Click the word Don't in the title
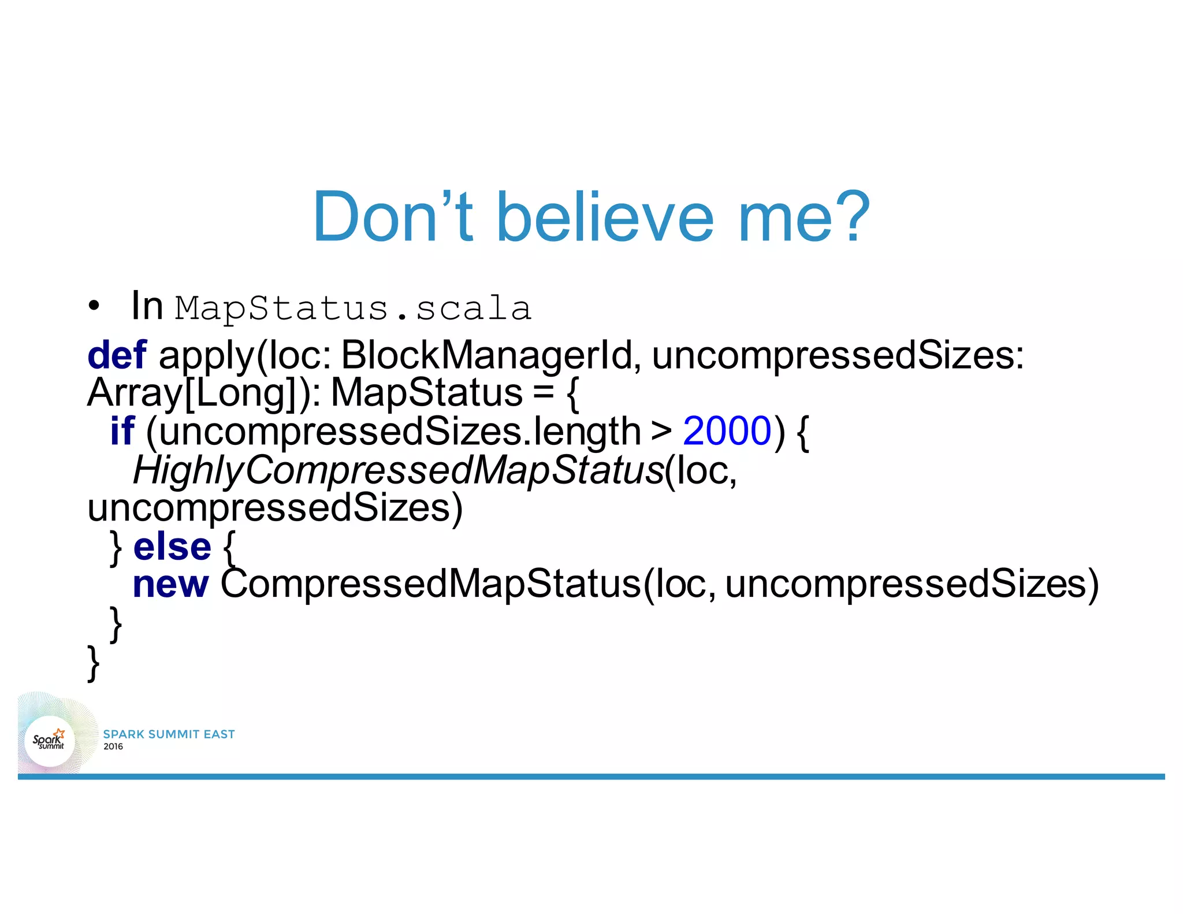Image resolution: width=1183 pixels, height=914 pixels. point(393,217)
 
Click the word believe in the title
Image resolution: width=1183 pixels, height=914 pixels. point(605,217)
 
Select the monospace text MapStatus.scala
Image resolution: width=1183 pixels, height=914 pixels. point(352,308)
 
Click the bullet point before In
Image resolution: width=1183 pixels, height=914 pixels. point(94,306)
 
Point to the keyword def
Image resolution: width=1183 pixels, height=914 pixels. point(117,355)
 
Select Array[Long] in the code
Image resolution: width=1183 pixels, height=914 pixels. point(196,393)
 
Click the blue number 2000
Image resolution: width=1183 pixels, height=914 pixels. point(727,431)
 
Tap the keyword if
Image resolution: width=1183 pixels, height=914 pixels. point(122,431)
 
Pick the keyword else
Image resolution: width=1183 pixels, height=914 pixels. point(172,547)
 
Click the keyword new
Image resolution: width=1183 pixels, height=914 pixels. point(170,584)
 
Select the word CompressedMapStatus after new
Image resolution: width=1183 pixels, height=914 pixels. point(430,584)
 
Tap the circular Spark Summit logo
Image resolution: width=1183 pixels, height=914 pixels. point(50,741)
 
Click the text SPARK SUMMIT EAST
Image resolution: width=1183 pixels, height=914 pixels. point(169,734)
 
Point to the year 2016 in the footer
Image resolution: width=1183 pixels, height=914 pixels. point(113,746)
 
